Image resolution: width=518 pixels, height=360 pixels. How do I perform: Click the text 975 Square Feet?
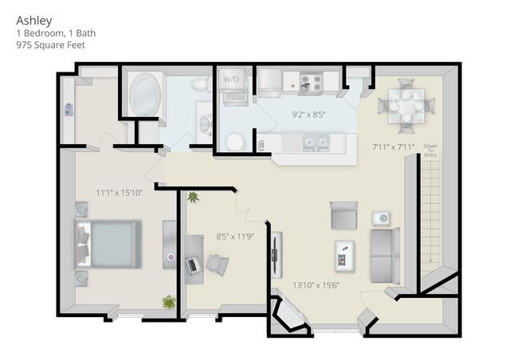49,45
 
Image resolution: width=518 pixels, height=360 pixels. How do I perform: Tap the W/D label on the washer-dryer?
231,80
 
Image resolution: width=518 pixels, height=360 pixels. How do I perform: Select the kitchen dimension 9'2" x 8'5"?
308,115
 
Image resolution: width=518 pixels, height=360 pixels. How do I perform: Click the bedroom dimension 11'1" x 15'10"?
120,192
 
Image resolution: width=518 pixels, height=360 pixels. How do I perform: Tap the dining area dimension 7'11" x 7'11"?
394,147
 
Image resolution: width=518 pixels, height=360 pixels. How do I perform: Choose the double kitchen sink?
316,143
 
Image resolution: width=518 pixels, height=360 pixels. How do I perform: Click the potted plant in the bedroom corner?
169,302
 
